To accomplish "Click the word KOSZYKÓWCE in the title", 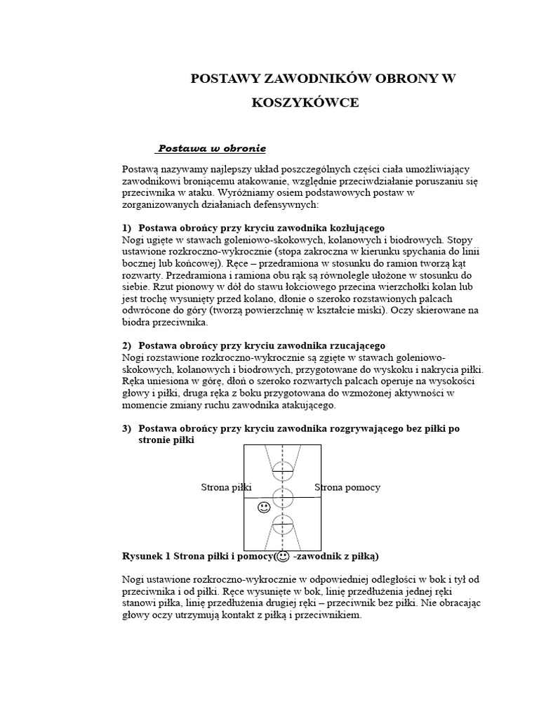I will [305, 103].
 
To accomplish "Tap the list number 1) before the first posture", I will [127, 228].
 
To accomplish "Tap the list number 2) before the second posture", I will [127, 345].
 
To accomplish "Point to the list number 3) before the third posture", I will [127, 428].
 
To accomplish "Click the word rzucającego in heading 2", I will [352, 345].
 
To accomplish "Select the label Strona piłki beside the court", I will [226, 487].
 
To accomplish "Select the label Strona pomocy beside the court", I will [347, 487].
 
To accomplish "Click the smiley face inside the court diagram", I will [264, 507].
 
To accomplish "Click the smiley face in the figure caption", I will [283, 557].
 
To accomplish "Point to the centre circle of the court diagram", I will [283, 497].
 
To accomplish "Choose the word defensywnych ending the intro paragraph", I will [285, 204].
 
